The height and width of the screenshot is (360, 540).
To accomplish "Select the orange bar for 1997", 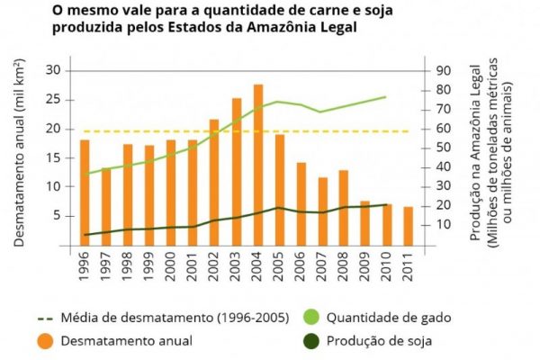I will coord(105,206).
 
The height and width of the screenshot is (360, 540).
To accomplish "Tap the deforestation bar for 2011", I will coord(409,225).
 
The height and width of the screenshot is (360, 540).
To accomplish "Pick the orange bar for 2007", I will coord(323,211).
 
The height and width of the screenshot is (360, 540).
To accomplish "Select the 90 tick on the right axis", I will coord(444,71).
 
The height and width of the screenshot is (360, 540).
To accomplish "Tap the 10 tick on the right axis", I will coord(444,224).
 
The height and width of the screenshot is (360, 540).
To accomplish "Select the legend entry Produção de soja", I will coord(379,340).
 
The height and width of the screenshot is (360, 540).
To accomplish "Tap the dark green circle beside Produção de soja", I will coord(310,340).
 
